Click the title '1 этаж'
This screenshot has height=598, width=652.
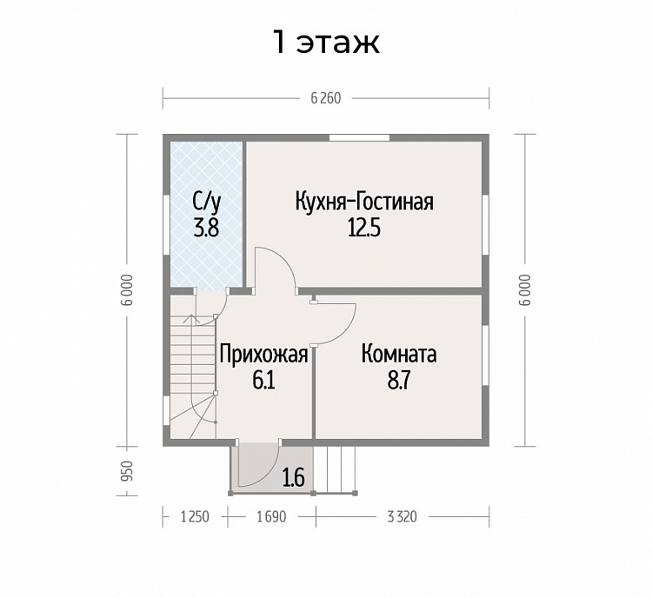tap(326, 42)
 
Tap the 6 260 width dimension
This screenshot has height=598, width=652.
tap(326, 98)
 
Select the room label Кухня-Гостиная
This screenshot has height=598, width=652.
tap(364, 202)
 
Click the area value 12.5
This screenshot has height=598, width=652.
tap(364, 228)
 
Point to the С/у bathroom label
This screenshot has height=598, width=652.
tap(206, 203)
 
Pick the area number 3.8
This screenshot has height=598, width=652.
tap(206, 228)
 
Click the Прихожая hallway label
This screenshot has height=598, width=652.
tap(263, 355)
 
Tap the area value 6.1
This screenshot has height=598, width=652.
tap(263, 381)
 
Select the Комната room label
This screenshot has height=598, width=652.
tap(399, 355)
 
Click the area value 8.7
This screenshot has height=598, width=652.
tap(399, 381)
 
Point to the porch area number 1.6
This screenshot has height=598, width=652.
tap(294, 477)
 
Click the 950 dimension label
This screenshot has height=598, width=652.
tap(128, 471)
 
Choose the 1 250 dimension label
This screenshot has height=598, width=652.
tap(195, 517)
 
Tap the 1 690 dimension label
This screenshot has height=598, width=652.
tap(271, 517)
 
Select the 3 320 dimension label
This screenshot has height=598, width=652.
tap(402, 517)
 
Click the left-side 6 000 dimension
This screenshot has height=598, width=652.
tap(128, 290)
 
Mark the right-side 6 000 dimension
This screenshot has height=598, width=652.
tap(525, 290)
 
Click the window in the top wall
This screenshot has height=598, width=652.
tap(359, 137)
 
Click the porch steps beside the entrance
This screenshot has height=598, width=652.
tap(336, 470)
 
